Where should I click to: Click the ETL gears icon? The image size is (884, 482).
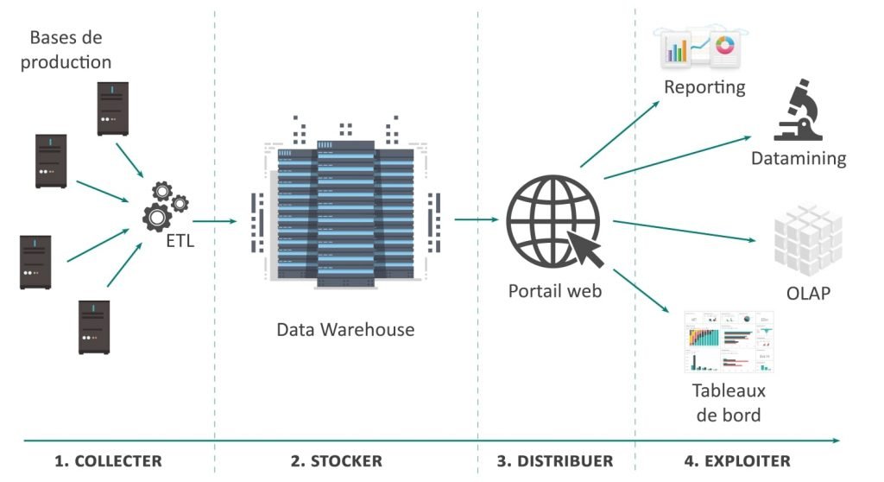coord(163,206)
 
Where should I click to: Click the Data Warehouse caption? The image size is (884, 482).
coord(345,330)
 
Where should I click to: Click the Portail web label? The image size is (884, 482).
coord(554,291)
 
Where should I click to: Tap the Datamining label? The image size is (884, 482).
coord(799,158)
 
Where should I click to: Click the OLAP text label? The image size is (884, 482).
coord(808,293)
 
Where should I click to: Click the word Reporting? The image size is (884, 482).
coord(704,87)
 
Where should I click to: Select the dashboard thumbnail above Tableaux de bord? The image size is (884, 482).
coord(729,341)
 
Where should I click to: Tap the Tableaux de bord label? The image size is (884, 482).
coord(729,403)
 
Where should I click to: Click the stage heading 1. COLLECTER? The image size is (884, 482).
coord(108,461)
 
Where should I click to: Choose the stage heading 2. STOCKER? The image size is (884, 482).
coord(337,461)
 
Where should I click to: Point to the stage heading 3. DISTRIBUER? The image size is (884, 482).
coord(555,461)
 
